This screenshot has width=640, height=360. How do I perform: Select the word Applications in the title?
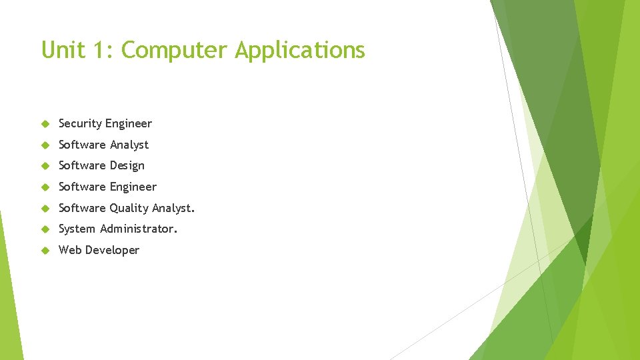point(300,51)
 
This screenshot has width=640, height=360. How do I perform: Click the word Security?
point(79,124)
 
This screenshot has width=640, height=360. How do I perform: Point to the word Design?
point(128,166)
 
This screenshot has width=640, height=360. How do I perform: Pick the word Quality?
point(129,209)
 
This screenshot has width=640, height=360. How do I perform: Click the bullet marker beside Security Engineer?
point(45,124)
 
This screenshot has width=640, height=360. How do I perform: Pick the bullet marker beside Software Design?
point(45,166)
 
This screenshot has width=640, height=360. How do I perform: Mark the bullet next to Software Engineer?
point(45,187)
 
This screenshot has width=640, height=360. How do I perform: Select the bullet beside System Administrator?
point(45,229)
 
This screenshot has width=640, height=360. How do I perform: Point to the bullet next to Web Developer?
point(45,251)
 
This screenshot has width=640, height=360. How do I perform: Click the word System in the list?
point(77,229)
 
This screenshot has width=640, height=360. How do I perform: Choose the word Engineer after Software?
point(133,187)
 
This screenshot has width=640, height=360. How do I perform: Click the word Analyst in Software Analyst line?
point(129,145)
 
